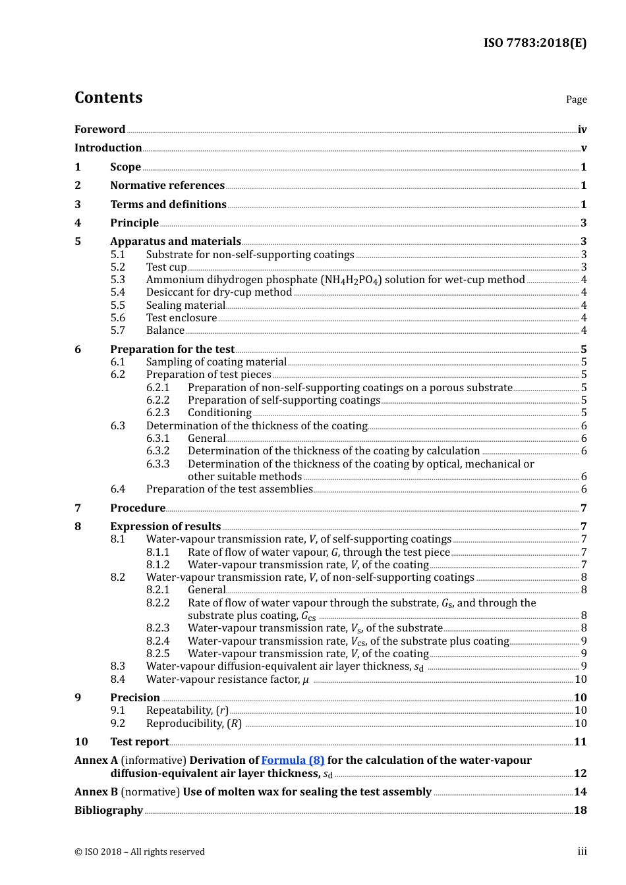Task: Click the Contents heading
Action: pos(108,97)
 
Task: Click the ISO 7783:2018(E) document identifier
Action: pos(534,43)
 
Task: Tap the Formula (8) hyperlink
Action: pos(293,760)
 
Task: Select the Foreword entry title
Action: pos(100,129)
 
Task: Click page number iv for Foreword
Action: pos(582,130)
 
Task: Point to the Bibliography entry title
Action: pos(109,810)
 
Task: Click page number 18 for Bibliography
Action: pos(580,811)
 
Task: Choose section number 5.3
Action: pos(117,280)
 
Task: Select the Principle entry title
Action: pos(134,223)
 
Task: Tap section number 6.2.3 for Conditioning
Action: pos(157,413)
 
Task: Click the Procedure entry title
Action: pos(138,508)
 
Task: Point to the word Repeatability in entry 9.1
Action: pos(179,711)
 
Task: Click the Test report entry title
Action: pos(140,741)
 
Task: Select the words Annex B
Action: pos(96,791)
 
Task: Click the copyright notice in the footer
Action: pos(140,851)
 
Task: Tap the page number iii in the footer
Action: pos(582,851)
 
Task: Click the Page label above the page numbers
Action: pos(576,99)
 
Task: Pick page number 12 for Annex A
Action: pos(580,774)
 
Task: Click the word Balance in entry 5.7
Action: pos(165,331)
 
